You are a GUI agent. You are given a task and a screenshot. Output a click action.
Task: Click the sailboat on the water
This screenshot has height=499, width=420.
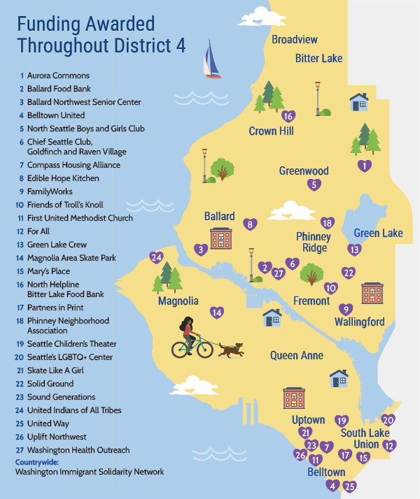pyautogui.click(x=211, y=61)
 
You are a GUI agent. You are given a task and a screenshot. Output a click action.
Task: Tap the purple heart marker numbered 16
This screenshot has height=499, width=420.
pyautogui.click(x=288, y=116)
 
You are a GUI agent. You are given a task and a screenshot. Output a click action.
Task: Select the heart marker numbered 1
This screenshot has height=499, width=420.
pyautogui.click(x=363, y=166)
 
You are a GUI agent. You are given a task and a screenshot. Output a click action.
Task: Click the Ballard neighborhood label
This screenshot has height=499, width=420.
pyautogui.click(x=219, y=216)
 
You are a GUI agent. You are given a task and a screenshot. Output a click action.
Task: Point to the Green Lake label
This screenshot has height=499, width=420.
pyautogui.click(x=378, y=233)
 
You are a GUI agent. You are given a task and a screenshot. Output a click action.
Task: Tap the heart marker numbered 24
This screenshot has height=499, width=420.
pyautogui.click(x=157, y=257)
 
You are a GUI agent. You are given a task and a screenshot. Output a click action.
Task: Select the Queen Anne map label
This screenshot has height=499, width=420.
pyautogui.click(x=297, y=355)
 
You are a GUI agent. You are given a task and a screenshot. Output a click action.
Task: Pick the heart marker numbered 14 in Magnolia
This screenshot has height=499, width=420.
pyautogui.click(x=218, y=312)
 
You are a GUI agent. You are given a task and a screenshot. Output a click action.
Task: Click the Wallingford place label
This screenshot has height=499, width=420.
pyautogui.click(x=359, y=321)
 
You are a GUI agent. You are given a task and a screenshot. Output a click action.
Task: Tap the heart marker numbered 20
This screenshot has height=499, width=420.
pyautogui.click(x=388, y=420)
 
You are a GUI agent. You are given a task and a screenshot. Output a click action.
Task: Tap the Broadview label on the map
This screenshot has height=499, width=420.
pyautogui.click(x=294, y=39)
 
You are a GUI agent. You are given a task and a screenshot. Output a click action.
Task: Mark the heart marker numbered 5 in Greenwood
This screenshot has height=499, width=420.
pyautogui.click(x=315, y=185)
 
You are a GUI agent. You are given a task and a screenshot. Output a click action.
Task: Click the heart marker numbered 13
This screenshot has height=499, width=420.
pyautogui.click(x=355, y=249)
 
